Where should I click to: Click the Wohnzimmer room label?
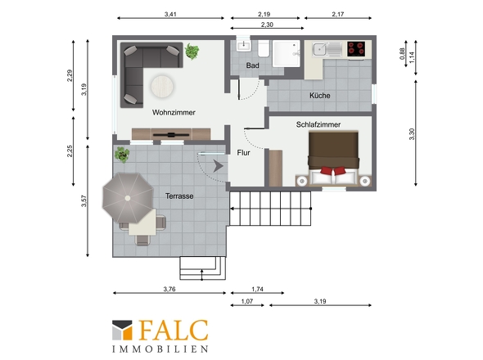(174, 112)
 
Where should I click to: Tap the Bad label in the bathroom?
(252, 65)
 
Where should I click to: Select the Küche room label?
(320, 96)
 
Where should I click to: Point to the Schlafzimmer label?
(318, 124)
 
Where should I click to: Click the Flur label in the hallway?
(243, 153)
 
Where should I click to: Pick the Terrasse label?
(179, 196)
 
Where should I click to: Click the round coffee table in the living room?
(162, 86)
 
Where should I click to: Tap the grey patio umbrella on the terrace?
(128, 198)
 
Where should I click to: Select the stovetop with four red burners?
(356, 48)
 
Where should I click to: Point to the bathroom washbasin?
(244, 46)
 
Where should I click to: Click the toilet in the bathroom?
(264, 48)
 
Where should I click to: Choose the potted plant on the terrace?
(122, 155)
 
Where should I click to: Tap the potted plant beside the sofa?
(192, 51)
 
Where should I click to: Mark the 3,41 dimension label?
(170, 14)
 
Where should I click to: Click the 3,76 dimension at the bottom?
(169, 289)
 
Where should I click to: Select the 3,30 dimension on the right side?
(412, 134)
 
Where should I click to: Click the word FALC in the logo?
(174, 330)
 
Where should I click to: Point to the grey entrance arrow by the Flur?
(218, 166)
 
